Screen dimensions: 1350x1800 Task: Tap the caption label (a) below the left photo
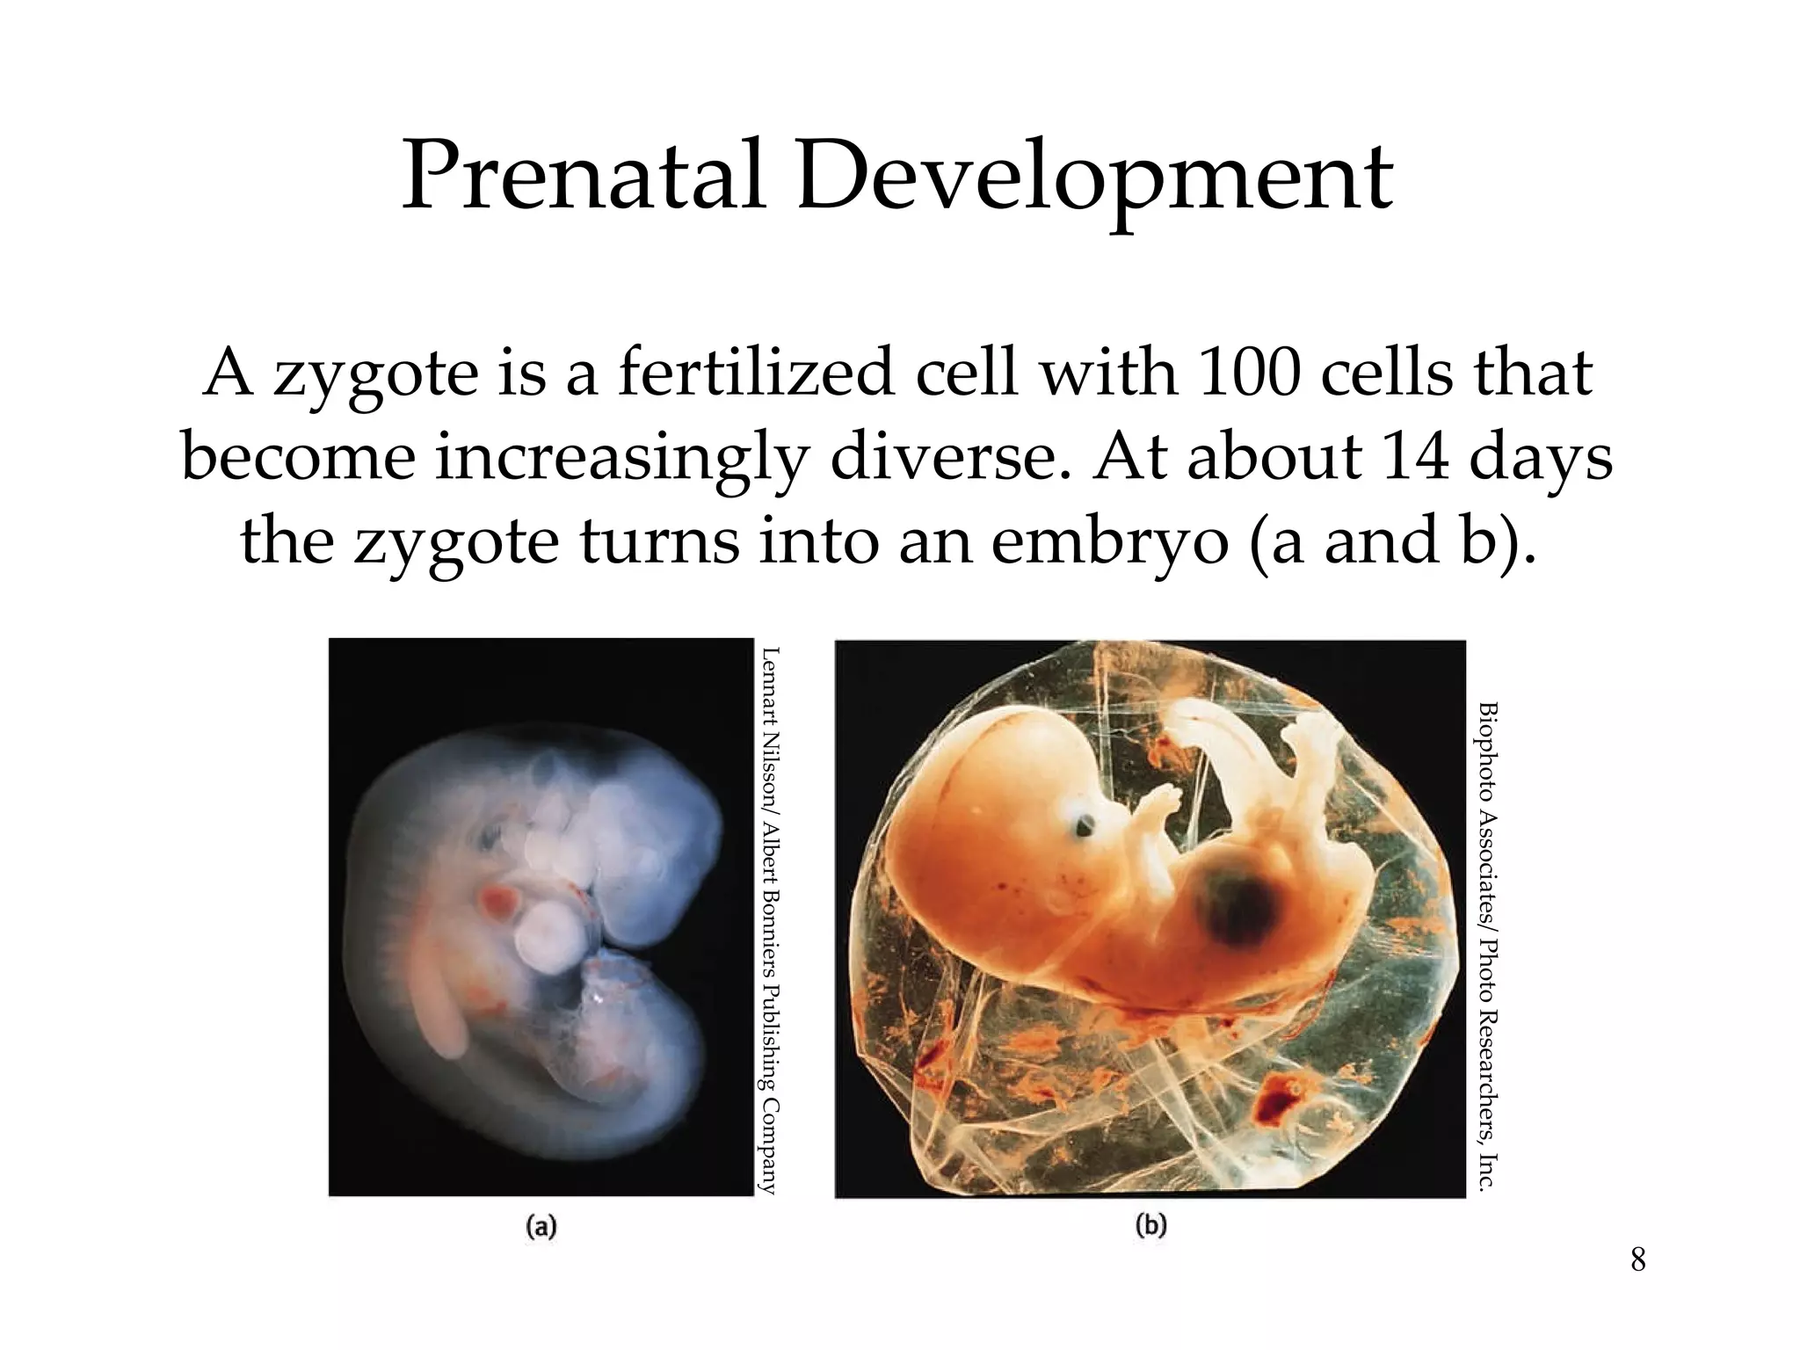pos(541,1226)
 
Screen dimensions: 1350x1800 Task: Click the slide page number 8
pos(1637,1259)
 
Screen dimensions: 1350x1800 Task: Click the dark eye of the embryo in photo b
pos(1085,824)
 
